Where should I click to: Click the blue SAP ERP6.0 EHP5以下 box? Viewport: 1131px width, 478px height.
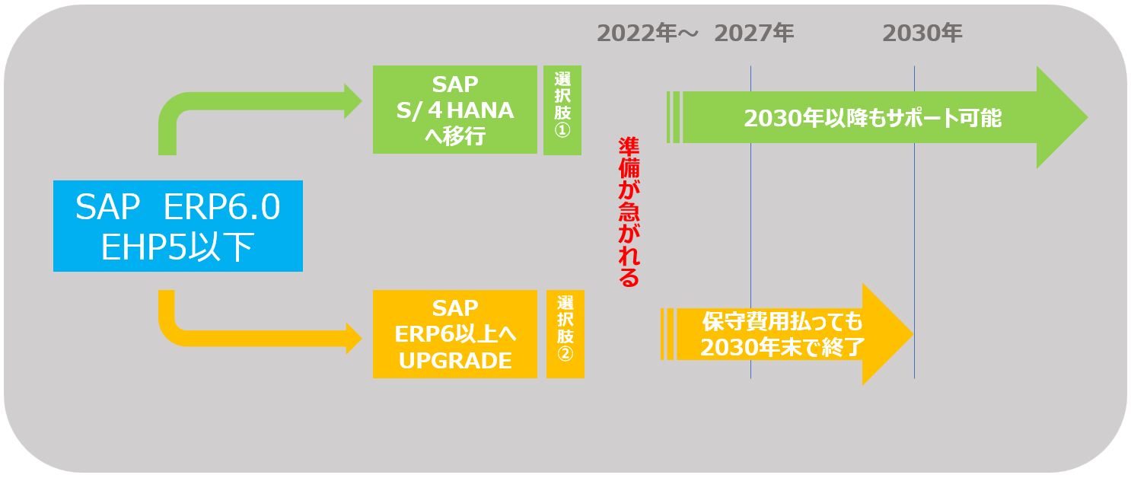(177, 225)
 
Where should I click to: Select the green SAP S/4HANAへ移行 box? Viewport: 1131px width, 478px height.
(454, 110)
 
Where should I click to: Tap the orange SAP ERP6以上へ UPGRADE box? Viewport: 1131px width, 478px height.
(454, 334)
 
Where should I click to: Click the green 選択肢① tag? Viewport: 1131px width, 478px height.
(562, 110)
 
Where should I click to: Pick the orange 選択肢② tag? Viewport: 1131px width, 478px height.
(565, 334)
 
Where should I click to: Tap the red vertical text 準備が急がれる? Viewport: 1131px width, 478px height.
(628, 212)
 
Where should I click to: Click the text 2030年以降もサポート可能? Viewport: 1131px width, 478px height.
(872, 119)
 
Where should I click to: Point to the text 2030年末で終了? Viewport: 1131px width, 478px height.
(782, 347)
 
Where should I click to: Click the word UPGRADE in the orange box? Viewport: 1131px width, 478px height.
(455, 361)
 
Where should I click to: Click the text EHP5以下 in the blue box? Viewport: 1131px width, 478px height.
(177, 247)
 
